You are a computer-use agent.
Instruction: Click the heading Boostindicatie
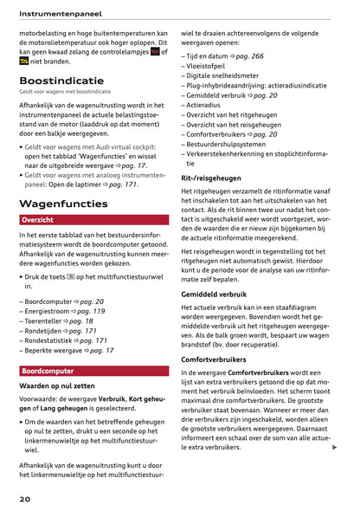click(x=61, y=81)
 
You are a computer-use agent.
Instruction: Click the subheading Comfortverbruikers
click(x=220, y=359)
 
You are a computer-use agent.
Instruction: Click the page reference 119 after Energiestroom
click(x=93, y=310)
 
